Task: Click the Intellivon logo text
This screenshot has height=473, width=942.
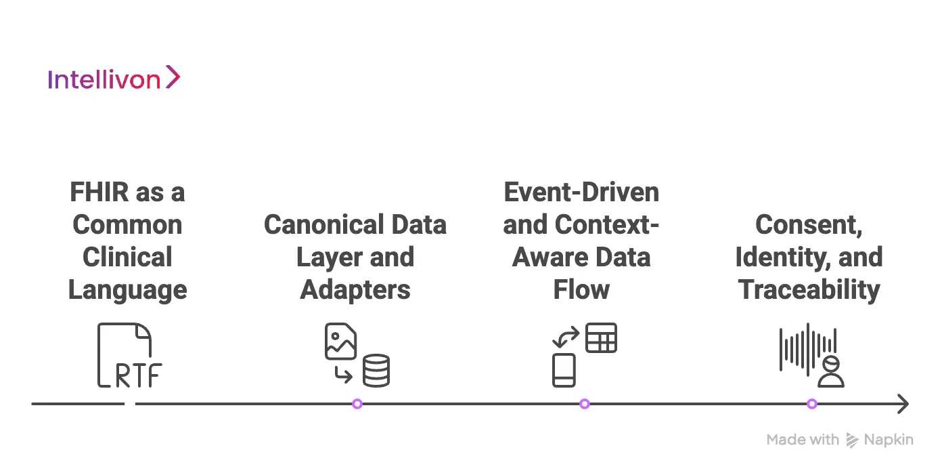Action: [x=104, y=80]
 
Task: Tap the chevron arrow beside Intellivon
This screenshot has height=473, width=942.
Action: [x=173, y=77]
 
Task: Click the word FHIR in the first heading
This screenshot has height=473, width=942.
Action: [x=99, y=192]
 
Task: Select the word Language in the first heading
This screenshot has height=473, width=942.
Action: [x=127, y=290]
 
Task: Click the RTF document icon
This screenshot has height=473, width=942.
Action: [x=129, y=355]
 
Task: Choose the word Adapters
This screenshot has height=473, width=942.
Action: [x=355, y=290]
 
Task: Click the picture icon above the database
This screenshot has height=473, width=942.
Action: [x=340, y=342]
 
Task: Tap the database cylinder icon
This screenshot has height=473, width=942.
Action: [x=376, y=370]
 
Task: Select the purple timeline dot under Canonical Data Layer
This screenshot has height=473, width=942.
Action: [x=357, y=404]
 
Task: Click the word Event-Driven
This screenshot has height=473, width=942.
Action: [x=581, y=192]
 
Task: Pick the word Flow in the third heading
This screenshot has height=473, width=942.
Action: [x=581, y=290]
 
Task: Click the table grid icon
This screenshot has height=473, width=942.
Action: [x=601, y=337]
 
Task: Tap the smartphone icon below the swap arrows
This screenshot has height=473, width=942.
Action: [x=564, y=370]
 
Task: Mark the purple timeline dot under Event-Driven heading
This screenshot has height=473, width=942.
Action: [x=585, y=404]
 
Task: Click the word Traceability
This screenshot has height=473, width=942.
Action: [x=809, y=290]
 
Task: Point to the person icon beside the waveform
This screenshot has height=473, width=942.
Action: [x=831, y=371]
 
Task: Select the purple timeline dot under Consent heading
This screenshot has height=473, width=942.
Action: [x=812, y=404]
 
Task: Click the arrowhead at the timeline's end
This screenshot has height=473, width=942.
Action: [x=902, y=404]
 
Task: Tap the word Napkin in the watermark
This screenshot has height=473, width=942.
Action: [x=889, y=440]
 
